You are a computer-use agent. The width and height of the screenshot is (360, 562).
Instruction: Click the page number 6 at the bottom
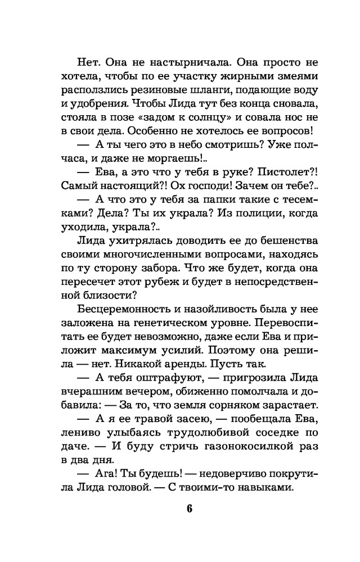[189, 510]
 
